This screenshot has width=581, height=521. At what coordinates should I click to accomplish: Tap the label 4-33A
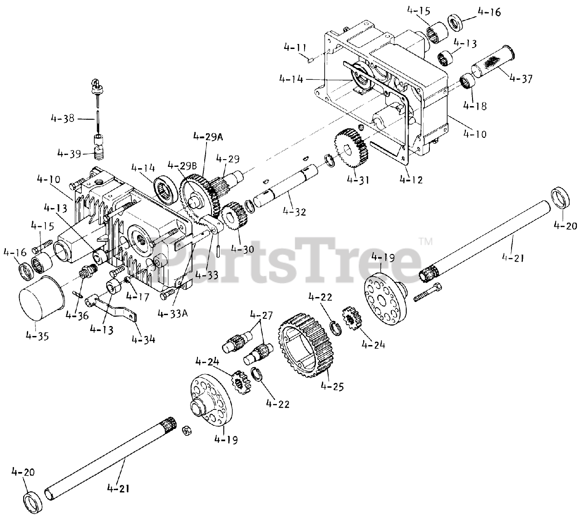(x=173, y=314)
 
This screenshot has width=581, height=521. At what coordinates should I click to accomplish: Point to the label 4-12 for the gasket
(x=411, y=180)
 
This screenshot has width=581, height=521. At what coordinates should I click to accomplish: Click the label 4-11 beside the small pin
(x=295, y=47)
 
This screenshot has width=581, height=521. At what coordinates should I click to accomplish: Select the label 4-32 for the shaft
(x=294, y=211)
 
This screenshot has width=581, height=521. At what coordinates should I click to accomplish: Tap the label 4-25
(x=332, y=386)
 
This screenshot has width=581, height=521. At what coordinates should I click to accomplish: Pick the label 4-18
(x=475, y=106)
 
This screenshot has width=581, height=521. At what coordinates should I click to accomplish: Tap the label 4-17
(x=137, y=297)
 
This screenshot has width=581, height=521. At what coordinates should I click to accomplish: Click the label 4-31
(x=358, y=180)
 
